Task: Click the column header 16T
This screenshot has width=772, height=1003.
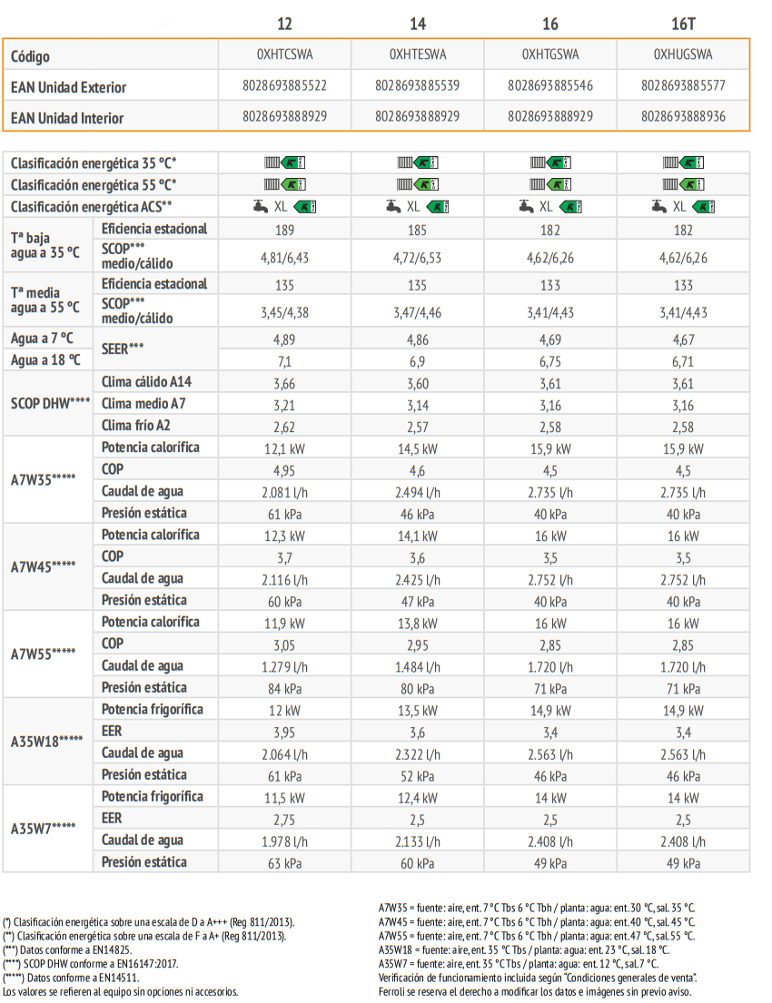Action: tap(683, 24)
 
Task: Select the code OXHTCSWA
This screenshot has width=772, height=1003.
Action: tap(285, 54)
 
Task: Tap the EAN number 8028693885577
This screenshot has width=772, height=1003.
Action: tap(683, 85)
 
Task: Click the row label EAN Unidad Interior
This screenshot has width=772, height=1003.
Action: tap(67, 118)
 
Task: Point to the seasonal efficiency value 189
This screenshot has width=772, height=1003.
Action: tap(285, 230)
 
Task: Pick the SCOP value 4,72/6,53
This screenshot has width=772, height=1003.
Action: tap(418, 258)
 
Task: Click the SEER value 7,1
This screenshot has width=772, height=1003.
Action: tap(285, 361)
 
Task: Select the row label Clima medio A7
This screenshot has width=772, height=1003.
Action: tap(144, 404)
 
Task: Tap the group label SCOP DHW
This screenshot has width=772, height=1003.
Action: tap(50, 404)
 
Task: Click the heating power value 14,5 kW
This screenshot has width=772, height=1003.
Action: tap(418, 449)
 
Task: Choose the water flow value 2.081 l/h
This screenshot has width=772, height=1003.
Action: tap(285, 493)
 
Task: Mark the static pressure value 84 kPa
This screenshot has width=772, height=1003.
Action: tap(285, 689)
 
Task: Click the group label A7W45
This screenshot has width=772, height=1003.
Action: tap(43, 566)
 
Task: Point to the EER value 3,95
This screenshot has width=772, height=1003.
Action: tap(285, 733)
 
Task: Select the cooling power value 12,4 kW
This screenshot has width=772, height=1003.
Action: tap(418, 798)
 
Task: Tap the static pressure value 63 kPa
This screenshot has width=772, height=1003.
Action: tap(285, 863)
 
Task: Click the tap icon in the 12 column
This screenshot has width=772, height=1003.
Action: tap(261, 206)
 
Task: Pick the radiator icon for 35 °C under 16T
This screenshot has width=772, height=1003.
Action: tap(670, 162)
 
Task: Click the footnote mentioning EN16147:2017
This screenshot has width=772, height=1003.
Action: tap(90, 963)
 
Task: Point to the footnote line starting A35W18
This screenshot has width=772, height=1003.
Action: tap(524, 950)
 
